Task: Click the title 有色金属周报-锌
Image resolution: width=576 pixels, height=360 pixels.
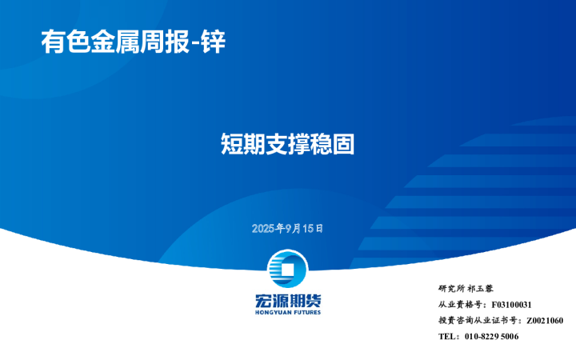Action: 133,41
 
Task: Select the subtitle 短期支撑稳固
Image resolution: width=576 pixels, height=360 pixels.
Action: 287,144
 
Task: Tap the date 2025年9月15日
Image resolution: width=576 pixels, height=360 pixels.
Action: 287,228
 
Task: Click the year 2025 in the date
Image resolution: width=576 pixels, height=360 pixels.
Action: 262,228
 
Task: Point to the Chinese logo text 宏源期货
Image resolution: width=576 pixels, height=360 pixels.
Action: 287,301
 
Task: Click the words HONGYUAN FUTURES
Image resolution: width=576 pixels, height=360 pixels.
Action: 287,312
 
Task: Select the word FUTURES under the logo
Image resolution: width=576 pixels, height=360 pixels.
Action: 305,312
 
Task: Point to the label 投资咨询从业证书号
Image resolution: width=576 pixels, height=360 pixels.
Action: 478,321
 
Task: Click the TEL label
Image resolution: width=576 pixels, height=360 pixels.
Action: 448,337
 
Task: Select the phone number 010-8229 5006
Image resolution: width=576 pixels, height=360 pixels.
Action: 491,337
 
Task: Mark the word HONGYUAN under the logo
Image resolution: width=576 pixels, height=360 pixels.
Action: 270,312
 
